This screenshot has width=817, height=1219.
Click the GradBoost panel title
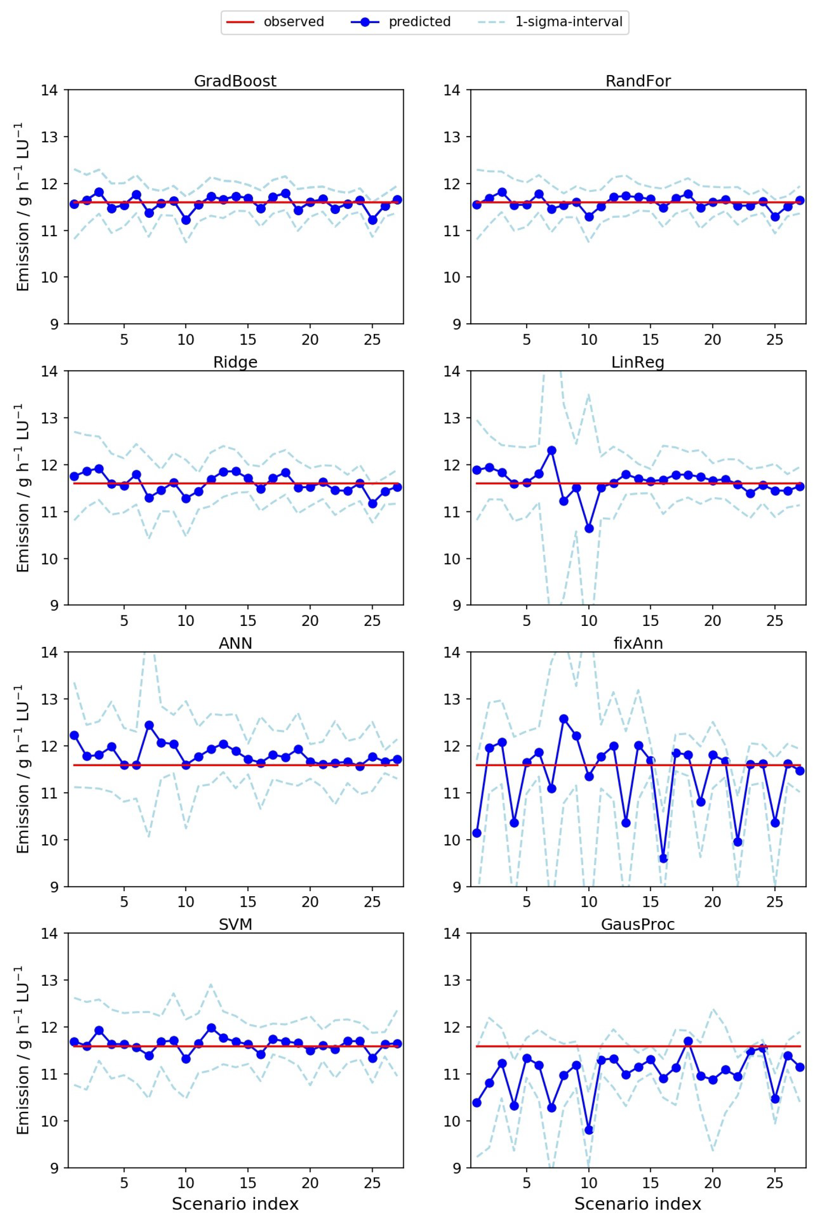pos(235,81)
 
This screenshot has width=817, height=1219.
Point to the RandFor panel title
pos(638,81)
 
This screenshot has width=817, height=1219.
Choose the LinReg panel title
pos(638,362)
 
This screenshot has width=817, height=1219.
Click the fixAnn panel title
pos(638,643)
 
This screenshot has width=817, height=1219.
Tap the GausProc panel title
pos(638,924)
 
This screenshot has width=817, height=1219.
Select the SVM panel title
pos(235,924)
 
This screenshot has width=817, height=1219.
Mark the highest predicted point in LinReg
pos(551,450)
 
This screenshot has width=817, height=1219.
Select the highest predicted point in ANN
pos(149,725)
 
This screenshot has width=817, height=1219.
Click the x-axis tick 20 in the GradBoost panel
pos(310,340)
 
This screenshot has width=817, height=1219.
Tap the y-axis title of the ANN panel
pos(23,769)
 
